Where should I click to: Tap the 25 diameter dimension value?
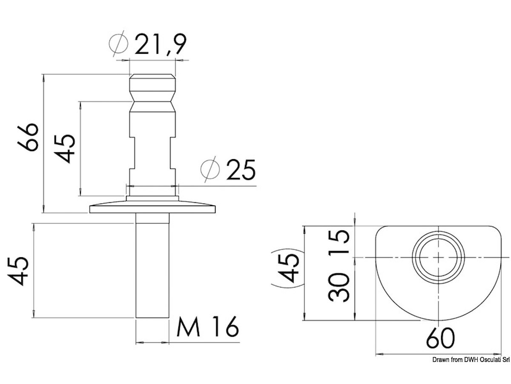point(241,170)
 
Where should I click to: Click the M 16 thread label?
point(207,328)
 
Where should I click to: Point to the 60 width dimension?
point(440,338)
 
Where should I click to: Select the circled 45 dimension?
point(291,268)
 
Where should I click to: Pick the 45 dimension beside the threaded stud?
point(19,271)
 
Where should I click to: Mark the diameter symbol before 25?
point(210,170)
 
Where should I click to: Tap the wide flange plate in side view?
point(152,209)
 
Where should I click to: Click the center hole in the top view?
point(439,257)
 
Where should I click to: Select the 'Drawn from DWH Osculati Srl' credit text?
point(471,361)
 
